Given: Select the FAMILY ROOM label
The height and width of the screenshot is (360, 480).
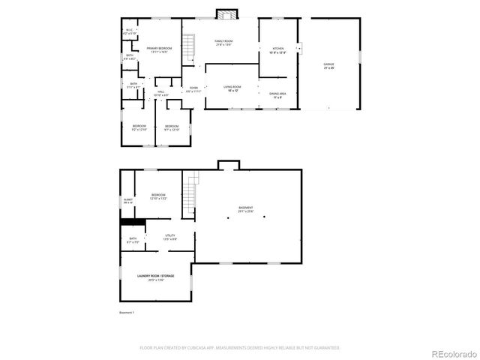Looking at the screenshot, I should tap(224, 42).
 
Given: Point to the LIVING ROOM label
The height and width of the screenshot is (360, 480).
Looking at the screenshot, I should tap(232, 88).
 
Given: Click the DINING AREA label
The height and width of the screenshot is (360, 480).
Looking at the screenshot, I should tap(277, 95).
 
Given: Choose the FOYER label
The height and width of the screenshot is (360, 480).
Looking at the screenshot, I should tap(193, 89).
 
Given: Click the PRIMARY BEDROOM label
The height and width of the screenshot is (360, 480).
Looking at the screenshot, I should tap(159, 49).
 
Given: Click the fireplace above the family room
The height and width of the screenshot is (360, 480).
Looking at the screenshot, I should tap(226, 13).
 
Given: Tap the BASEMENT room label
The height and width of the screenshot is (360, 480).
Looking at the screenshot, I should tap(246, 209).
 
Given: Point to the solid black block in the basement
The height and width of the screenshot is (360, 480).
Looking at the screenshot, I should tap(133, 221).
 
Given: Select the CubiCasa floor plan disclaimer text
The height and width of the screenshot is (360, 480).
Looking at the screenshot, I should tap(240, 348).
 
